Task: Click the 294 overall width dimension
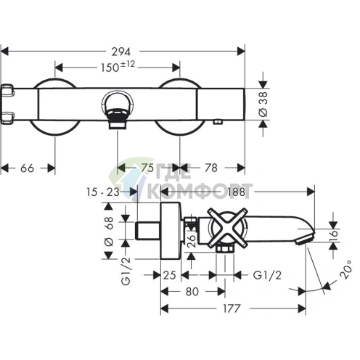pos(120,52)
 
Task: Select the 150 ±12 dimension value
pos(118,67)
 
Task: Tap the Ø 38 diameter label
pos(263,104)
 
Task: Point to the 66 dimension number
pos(27,168)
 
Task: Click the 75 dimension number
pos(147,168)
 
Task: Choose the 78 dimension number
pos(211,168)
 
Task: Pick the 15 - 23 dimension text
pos(103,192)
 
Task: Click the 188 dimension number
pos(237,192)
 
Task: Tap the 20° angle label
pos(345,269)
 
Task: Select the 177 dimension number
pos(232,308)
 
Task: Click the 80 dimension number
pos(192,292)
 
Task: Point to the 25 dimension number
pos(169,275)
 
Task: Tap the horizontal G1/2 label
pos(267,275)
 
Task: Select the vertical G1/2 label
pos(126,271)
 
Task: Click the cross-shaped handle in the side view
pos(228,227)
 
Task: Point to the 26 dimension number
pos(192,241)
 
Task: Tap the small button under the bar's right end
pos(218,122)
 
